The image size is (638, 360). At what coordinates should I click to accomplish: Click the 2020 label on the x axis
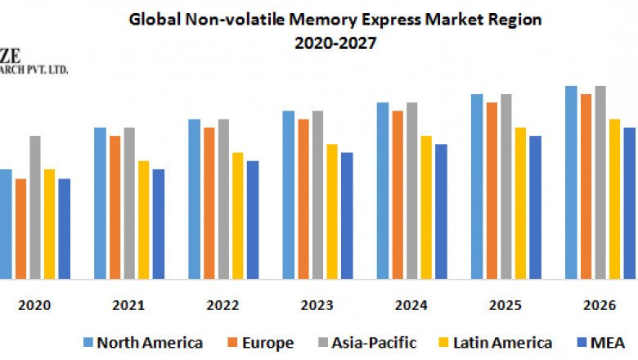click(x=34, y=305)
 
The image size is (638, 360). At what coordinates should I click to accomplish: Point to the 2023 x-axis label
click(x=317, y=305)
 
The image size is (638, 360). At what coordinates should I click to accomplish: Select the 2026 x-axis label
click(x=600, y=305)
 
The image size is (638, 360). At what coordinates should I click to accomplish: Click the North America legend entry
click(x=142, y=342)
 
